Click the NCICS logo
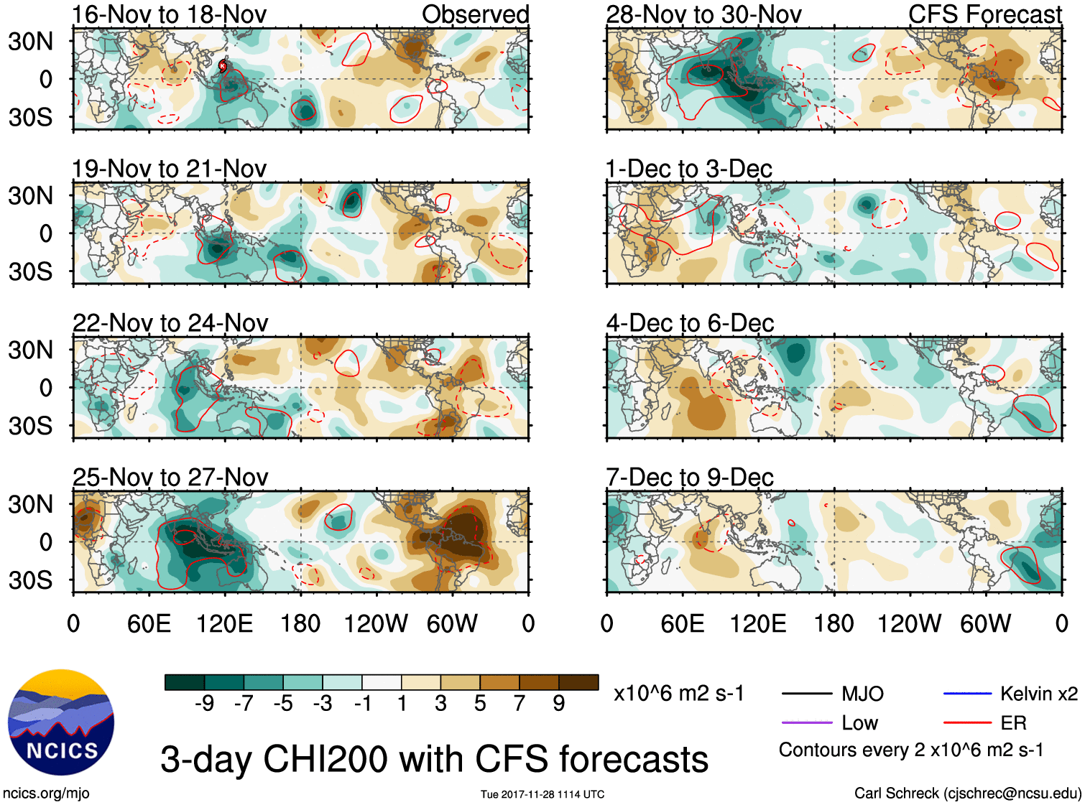[x=61, y=722]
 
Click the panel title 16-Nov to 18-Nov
[x=169, y=14]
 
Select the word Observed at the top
[x=475, y=14]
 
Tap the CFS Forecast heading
[x=984, y=14]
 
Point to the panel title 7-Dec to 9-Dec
[x=689, y=478]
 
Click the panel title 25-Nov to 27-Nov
[x=170, y=478]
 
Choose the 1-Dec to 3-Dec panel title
[x=688, y=169]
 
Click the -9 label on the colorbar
[x=204, y=704]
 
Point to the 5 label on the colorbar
[x=480, y=704]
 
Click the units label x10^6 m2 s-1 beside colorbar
[x=678, y=694]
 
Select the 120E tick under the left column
[x=224, y=623]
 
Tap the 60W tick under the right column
[x=985, y=623]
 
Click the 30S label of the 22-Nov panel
[x=30, y=426]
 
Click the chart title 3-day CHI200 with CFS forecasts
[x=434, y=759]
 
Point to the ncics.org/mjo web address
[x=46, y=794]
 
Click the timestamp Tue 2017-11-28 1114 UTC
[x=542, y=794]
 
